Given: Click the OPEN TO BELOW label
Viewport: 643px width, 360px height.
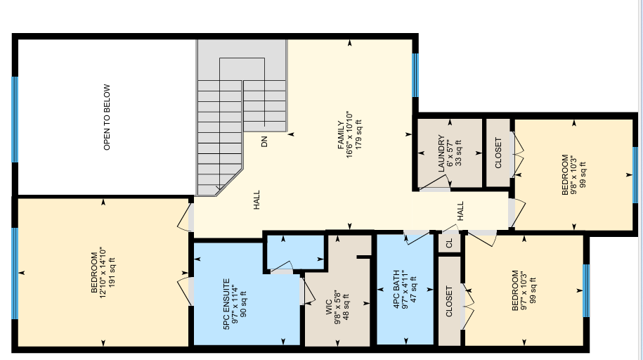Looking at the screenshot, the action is pyautogui.click(x=107, y=117).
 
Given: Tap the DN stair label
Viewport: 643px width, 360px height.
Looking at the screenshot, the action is pyautogui.click(x=264, y=141).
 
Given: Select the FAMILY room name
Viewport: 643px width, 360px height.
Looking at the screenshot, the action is pyautogui.click(x=341, y=135).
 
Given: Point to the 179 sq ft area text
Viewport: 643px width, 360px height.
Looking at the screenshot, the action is pyautogui.click(x=358, y=134).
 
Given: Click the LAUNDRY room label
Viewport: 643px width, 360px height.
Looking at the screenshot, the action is pyautogui.click(x=441, y=153).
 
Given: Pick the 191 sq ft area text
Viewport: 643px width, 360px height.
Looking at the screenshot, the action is pyautogui.click(x=112, y=272).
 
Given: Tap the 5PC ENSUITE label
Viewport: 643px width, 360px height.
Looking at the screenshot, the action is pyautogui.click(x=226, y=304).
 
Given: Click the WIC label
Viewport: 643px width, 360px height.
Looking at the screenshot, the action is pyautogui.click(x=329, y=307).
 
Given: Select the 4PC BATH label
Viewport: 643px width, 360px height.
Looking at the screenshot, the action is pyautogui.click(x=396, y=289).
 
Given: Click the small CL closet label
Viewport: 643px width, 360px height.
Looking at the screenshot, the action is pyautogui.click(x=449, y=243).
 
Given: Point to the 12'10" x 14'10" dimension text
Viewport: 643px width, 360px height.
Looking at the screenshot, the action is pyautogui.click(x=103, y=272).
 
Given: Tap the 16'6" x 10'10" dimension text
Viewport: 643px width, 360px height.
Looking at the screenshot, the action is pyautogui.click(x=349, y=134).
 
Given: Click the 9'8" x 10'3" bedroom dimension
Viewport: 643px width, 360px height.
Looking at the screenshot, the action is pyautogui.click(x=573, y=174).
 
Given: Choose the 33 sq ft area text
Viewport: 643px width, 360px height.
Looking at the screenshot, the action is pyautogui.click(x=458, y=153).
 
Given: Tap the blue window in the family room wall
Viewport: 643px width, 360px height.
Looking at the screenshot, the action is pyautogui.click(x=415, y=75).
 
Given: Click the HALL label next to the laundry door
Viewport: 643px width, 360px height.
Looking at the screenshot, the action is pyautogui.click(x=460, y=210).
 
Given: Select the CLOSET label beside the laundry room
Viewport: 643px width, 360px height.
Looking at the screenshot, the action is pyautogui.click(x=498, y=153).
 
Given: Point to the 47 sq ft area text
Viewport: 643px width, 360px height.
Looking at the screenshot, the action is pyautogui.click(x=413, y=289).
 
